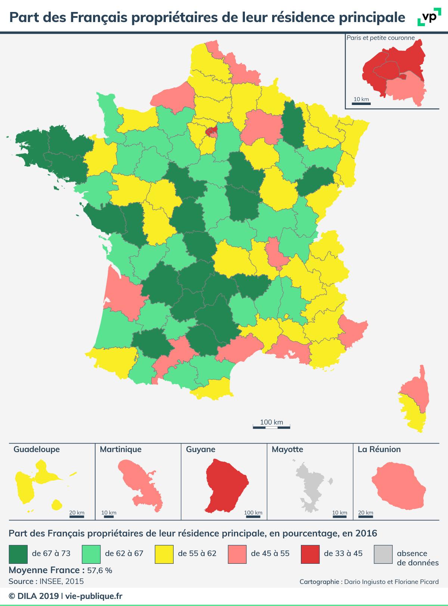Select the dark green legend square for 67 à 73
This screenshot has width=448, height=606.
coord(18,554)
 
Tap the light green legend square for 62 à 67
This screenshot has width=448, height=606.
coord(91,554)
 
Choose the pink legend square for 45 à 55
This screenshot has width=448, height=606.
coord(237,554)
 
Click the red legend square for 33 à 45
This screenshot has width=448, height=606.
coord(310,554)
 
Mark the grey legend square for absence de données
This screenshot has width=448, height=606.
coord(383,554)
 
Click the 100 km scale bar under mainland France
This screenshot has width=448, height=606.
coord(271,426)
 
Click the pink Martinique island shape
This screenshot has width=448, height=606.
coord(142,486)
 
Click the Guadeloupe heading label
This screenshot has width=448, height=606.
coord(37,449)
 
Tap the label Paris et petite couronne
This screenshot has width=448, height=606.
coord(380,38)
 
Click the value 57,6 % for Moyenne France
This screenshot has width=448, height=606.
coord(99,571)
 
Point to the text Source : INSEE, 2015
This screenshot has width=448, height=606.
coord(46,581)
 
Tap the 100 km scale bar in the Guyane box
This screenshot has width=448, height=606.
coord(253,517)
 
